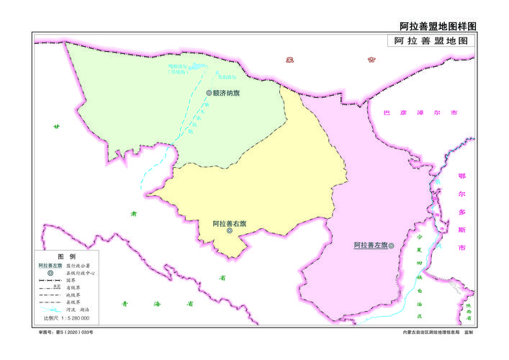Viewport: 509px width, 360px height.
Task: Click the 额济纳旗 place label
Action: coord(226,93)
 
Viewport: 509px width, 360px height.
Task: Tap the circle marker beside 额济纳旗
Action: coord(208,93)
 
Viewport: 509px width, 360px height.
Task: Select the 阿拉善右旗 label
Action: coord(229,223)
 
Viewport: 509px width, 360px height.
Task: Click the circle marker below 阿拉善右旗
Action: coord(229,232)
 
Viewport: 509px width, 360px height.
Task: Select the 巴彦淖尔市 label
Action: coord(420,113)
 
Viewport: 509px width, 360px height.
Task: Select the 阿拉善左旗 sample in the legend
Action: coord(50,266)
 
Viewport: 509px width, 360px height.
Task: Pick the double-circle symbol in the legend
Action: coord(50,274)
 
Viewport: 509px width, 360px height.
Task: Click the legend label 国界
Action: coord(70,280)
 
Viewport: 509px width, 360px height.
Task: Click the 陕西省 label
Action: coord(468,310)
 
